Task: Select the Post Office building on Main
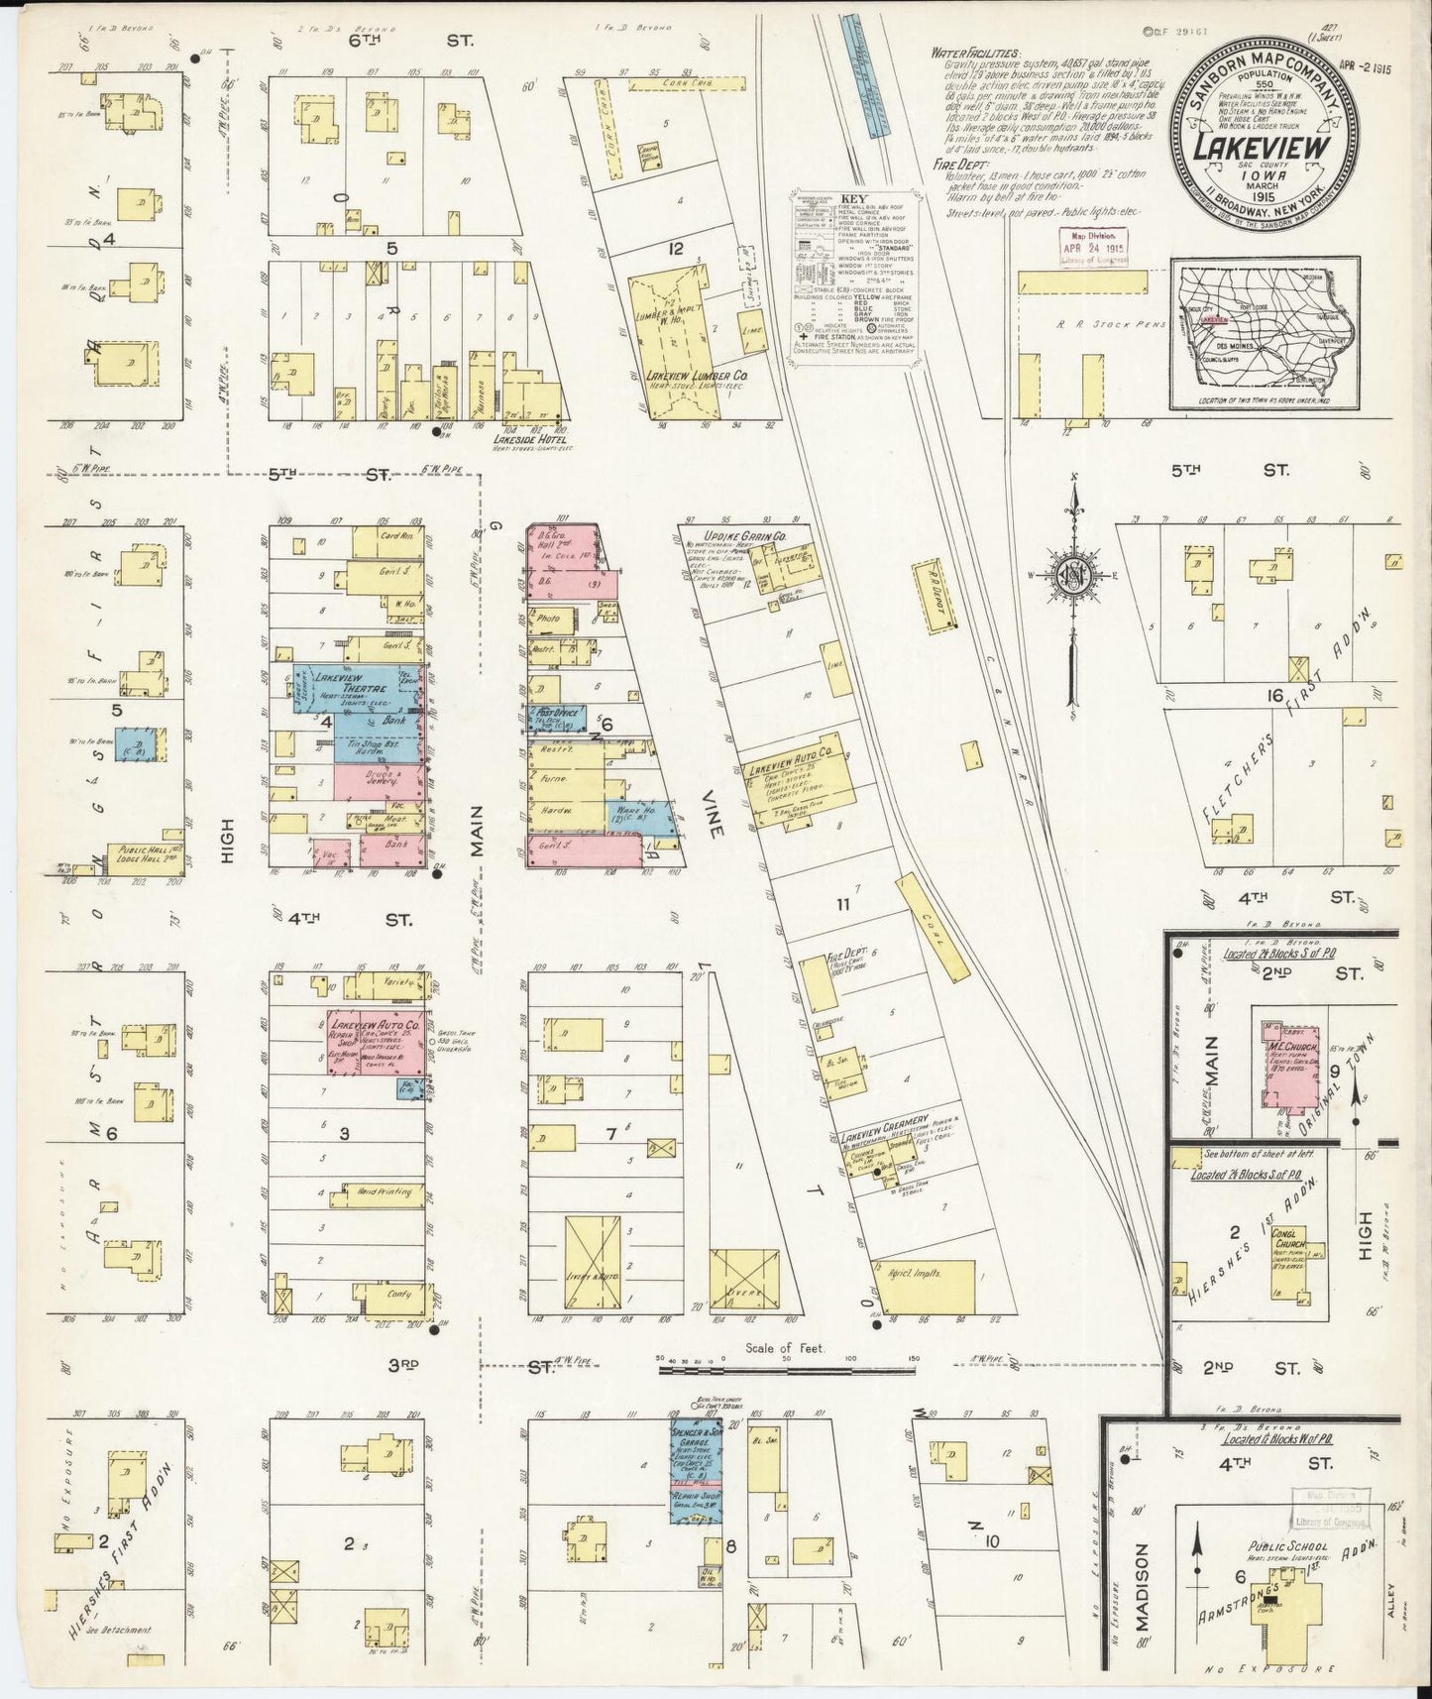click(x=557, y=715)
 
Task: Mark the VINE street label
click(x=715, y=820)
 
